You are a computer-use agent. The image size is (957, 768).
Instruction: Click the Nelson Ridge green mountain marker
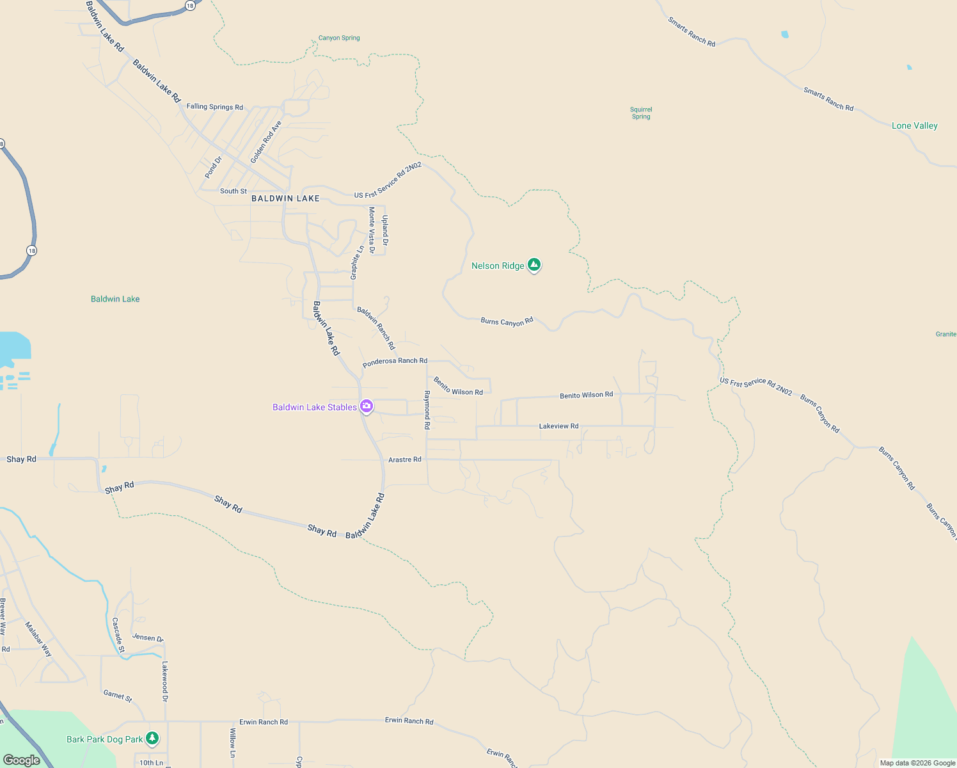coord(534,265)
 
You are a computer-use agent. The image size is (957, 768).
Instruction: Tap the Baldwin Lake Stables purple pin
coord(367,406)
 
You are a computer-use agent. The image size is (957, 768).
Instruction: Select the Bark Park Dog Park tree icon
coord(152,739)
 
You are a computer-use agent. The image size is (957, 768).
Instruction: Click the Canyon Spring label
coord(339,38)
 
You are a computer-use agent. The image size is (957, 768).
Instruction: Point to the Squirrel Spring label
coord(641,113)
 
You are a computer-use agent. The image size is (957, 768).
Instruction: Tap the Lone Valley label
coord(914,125)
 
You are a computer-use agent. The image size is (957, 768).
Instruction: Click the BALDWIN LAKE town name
coord(285,198)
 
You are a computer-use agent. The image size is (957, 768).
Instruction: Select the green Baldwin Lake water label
coord(115,299)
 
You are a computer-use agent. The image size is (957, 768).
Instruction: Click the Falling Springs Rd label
coord(215,107)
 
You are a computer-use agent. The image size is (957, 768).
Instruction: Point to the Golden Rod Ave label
coord(265,142)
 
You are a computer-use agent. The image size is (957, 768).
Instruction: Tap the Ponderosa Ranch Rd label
coord(395,362)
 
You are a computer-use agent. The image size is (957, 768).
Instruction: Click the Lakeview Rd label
coord(558,426)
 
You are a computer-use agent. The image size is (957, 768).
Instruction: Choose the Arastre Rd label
coord(405,460)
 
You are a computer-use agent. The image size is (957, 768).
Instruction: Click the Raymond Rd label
coord(427,410)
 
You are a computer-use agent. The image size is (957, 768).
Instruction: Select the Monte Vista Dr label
coord(372,230)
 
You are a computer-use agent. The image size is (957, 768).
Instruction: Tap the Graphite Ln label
coord(356,262)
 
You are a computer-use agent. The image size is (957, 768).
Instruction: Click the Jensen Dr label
coord(148,637)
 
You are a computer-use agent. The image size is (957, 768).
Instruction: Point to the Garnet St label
coord(118,696)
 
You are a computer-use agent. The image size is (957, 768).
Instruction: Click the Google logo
coord(22,760)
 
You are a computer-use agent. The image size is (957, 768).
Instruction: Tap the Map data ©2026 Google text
coord(917,763)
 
